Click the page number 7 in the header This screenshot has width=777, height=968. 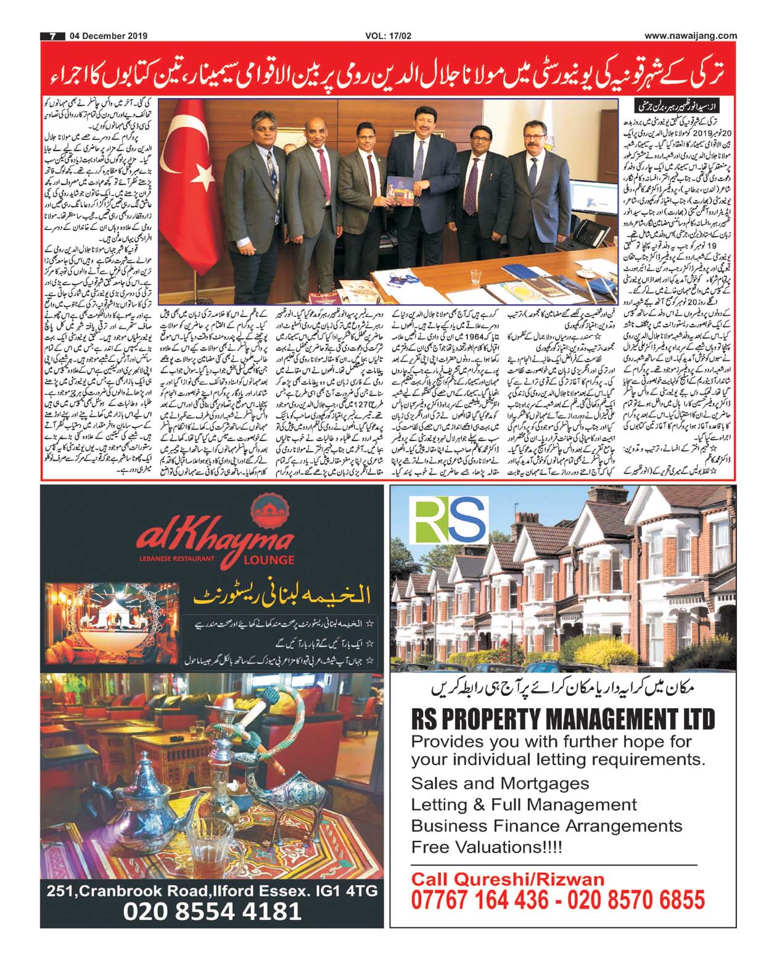[x=53, y=36]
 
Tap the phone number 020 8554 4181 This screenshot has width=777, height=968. [x=213, y=911]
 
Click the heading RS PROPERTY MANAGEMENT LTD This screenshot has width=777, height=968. [x=563, y=719]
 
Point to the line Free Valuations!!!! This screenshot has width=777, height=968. [x=487, y=846]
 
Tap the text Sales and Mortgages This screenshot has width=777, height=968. [x=500, y=783]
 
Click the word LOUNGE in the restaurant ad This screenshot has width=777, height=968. [x=268, y=560]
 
